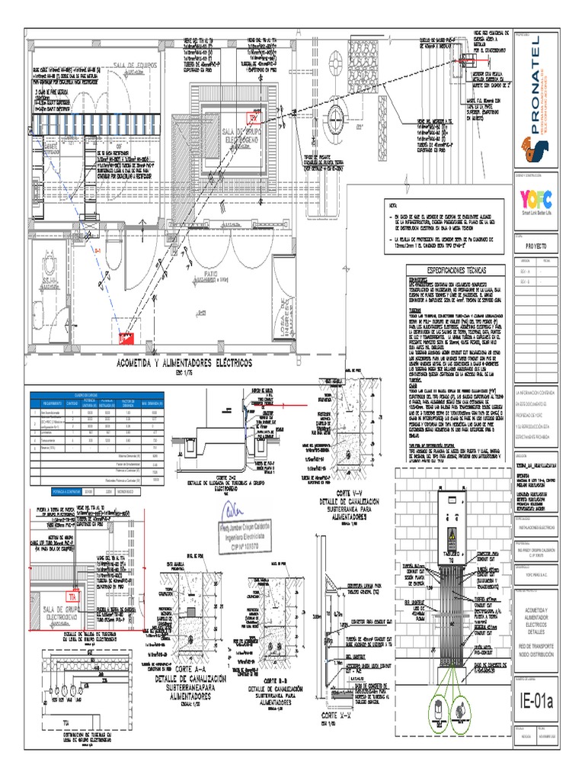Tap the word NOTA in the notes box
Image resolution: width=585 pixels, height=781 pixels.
392,207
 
